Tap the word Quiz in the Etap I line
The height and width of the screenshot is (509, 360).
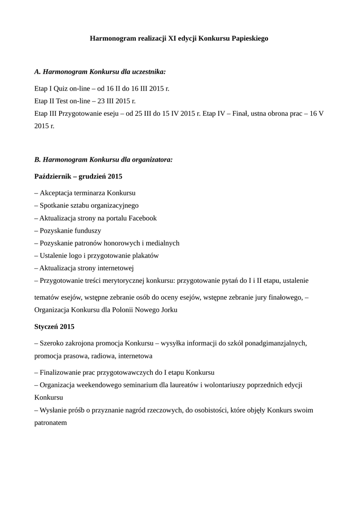[61, 88]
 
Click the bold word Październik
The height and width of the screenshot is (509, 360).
[52, 176]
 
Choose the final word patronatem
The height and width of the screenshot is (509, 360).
[50, 423]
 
